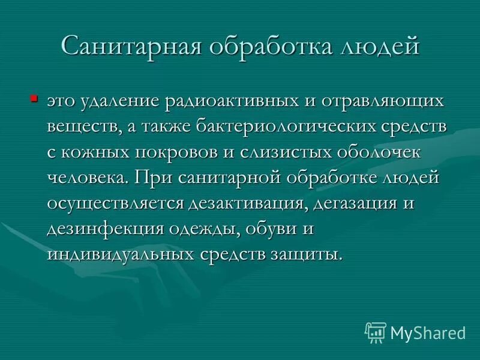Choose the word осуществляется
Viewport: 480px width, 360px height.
click(116, 203)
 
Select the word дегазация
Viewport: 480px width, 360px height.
click(355, 203)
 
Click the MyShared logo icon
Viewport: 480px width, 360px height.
click(376, 332)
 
